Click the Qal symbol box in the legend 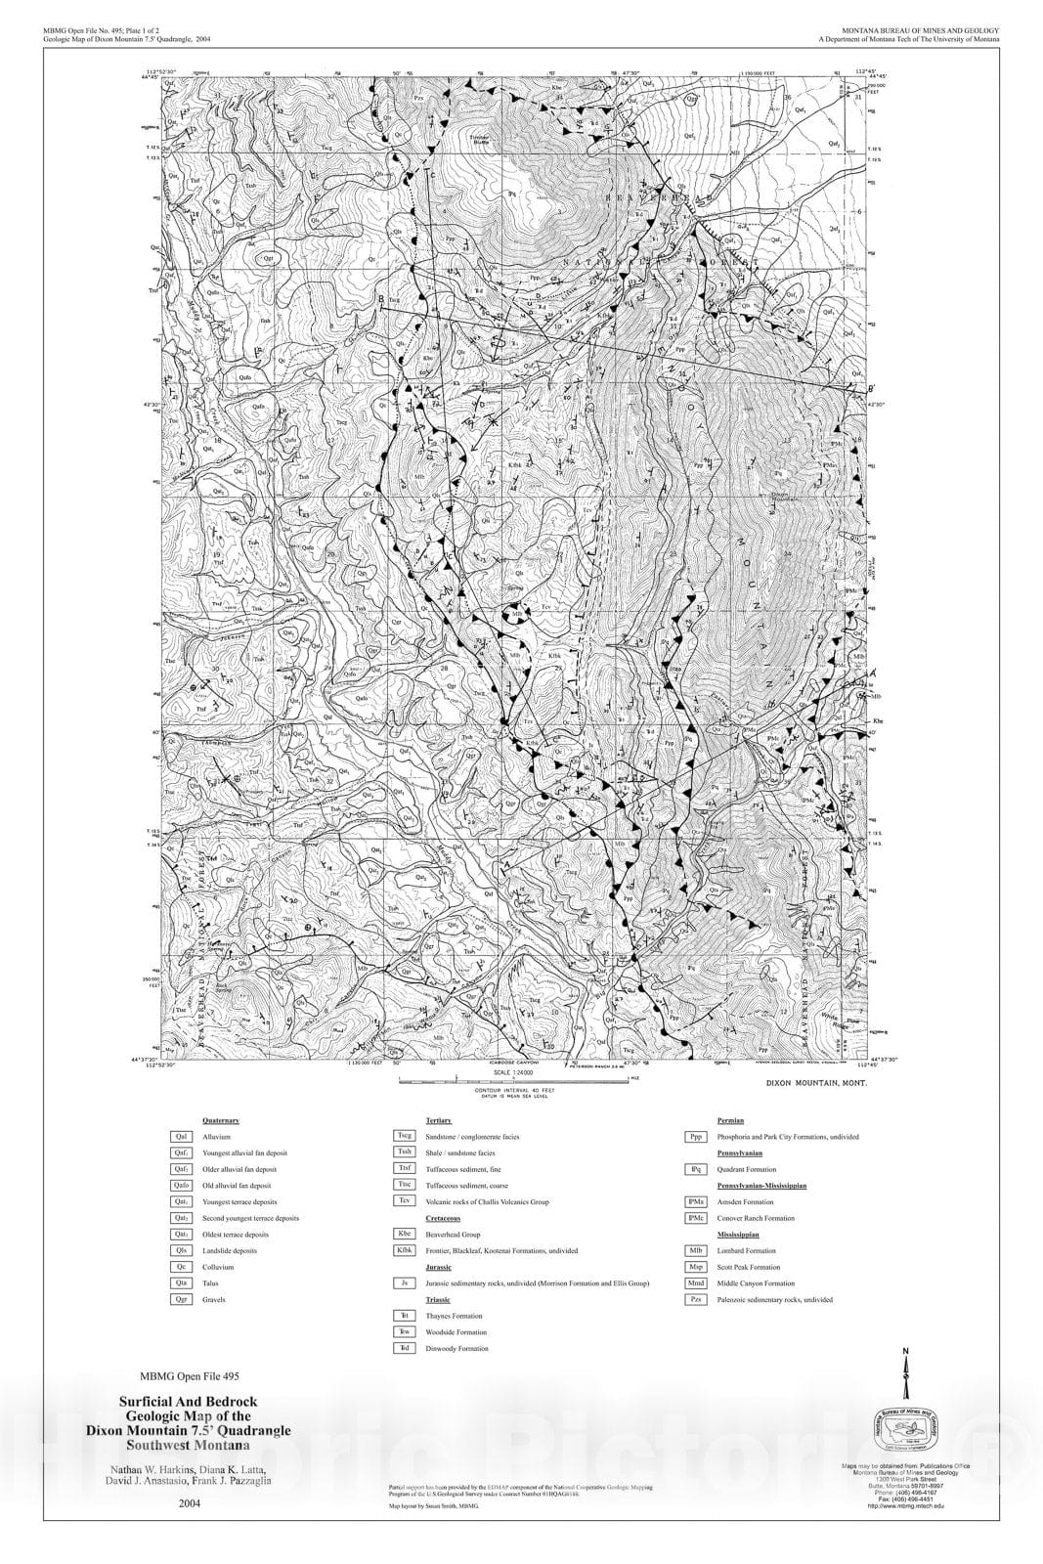click(x=181, y=1137)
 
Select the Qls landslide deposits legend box click(x=181, y=1250)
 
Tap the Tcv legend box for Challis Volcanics click(x=403, y=1201)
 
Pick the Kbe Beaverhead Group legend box click(x=403, y=1235)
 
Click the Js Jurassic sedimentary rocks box click(x=403, y=1282)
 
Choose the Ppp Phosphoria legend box click(x=696, y=1137)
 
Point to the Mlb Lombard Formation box click(x=696, y=1250)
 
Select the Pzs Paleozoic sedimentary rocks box click(x=696, y=1299)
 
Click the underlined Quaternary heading click(x=220, y=1120)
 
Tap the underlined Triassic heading click(x=438, y=1299)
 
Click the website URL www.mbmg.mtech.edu click(x=904, y=1506)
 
